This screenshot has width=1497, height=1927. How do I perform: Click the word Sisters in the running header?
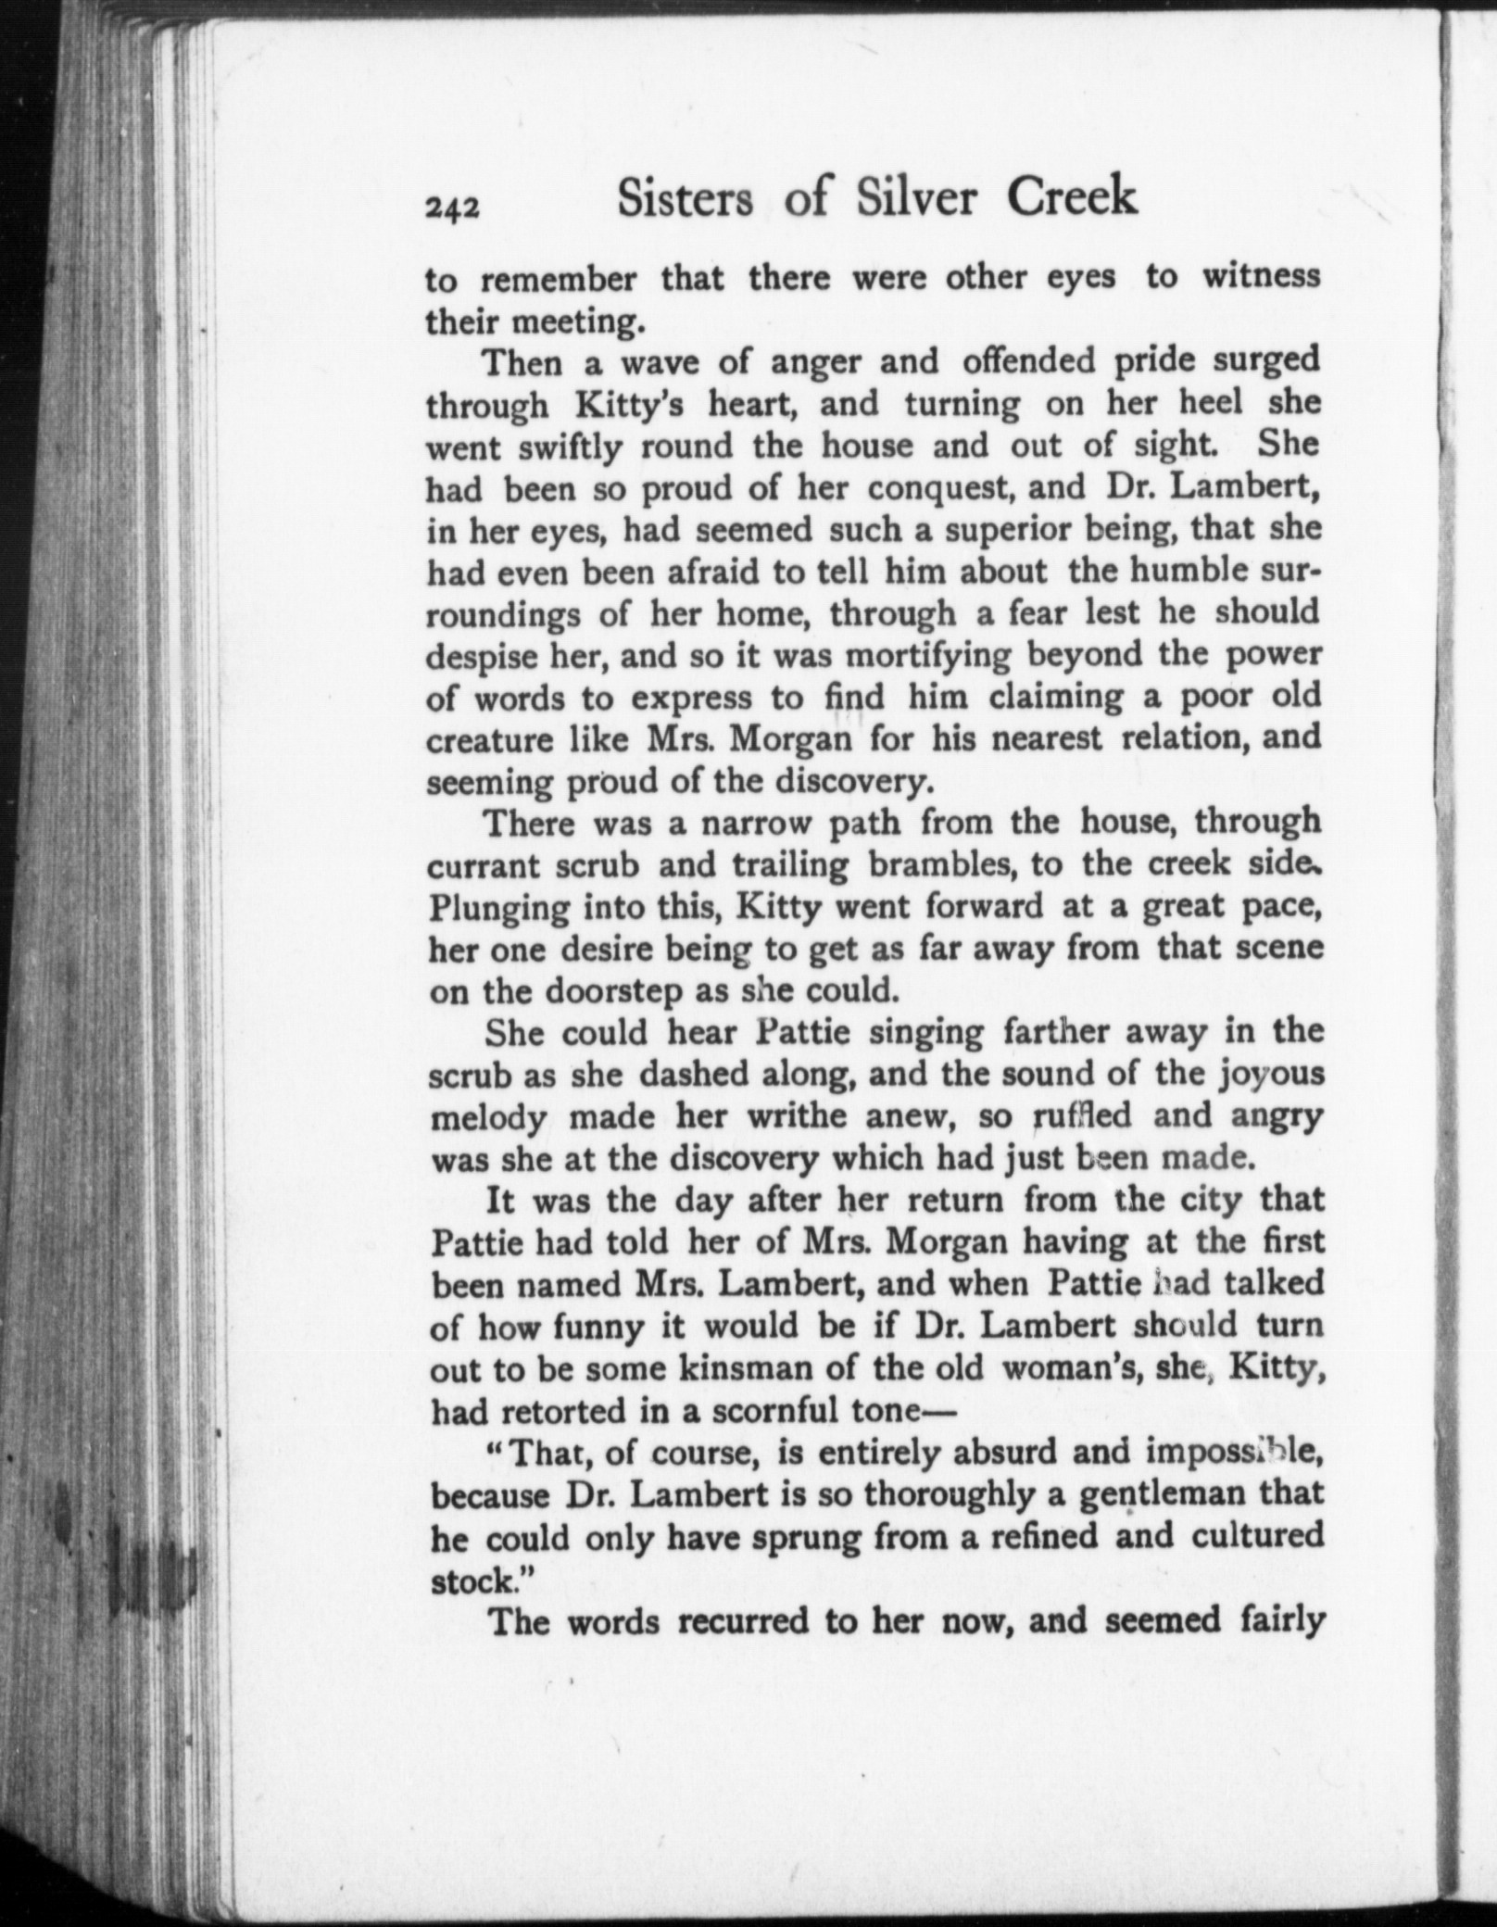686,198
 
